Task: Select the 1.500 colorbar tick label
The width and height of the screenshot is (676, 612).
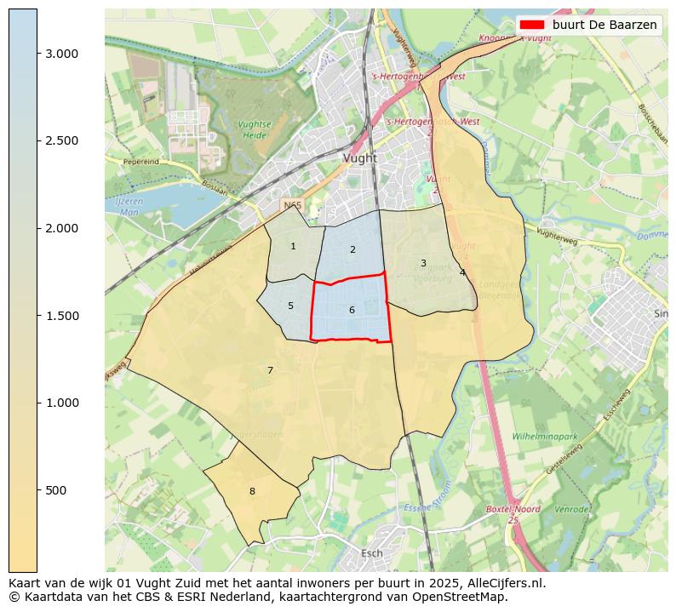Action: [61, 316]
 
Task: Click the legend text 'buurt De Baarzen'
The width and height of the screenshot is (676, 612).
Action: [604, 26]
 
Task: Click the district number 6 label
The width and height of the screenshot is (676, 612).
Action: [352, 311]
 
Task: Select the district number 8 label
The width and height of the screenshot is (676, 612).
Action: [252, 492]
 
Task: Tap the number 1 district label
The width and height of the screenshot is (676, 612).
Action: [293, 247]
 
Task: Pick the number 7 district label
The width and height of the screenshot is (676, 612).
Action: [270, 371]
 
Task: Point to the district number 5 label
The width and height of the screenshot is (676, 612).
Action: [290, 306]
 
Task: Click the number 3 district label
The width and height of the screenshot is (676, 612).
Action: [423, 264]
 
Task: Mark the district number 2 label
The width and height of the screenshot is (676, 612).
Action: [352, 250]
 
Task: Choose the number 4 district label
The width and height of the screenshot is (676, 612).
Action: [462, 273]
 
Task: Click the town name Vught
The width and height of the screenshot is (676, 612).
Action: [359, 158]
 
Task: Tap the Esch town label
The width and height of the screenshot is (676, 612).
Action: [372, 553]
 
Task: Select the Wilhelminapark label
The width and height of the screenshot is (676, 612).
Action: [545, 437]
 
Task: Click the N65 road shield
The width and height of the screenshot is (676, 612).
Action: [292, 205]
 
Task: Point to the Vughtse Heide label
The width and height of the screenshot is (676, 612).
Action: [255, 129]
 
